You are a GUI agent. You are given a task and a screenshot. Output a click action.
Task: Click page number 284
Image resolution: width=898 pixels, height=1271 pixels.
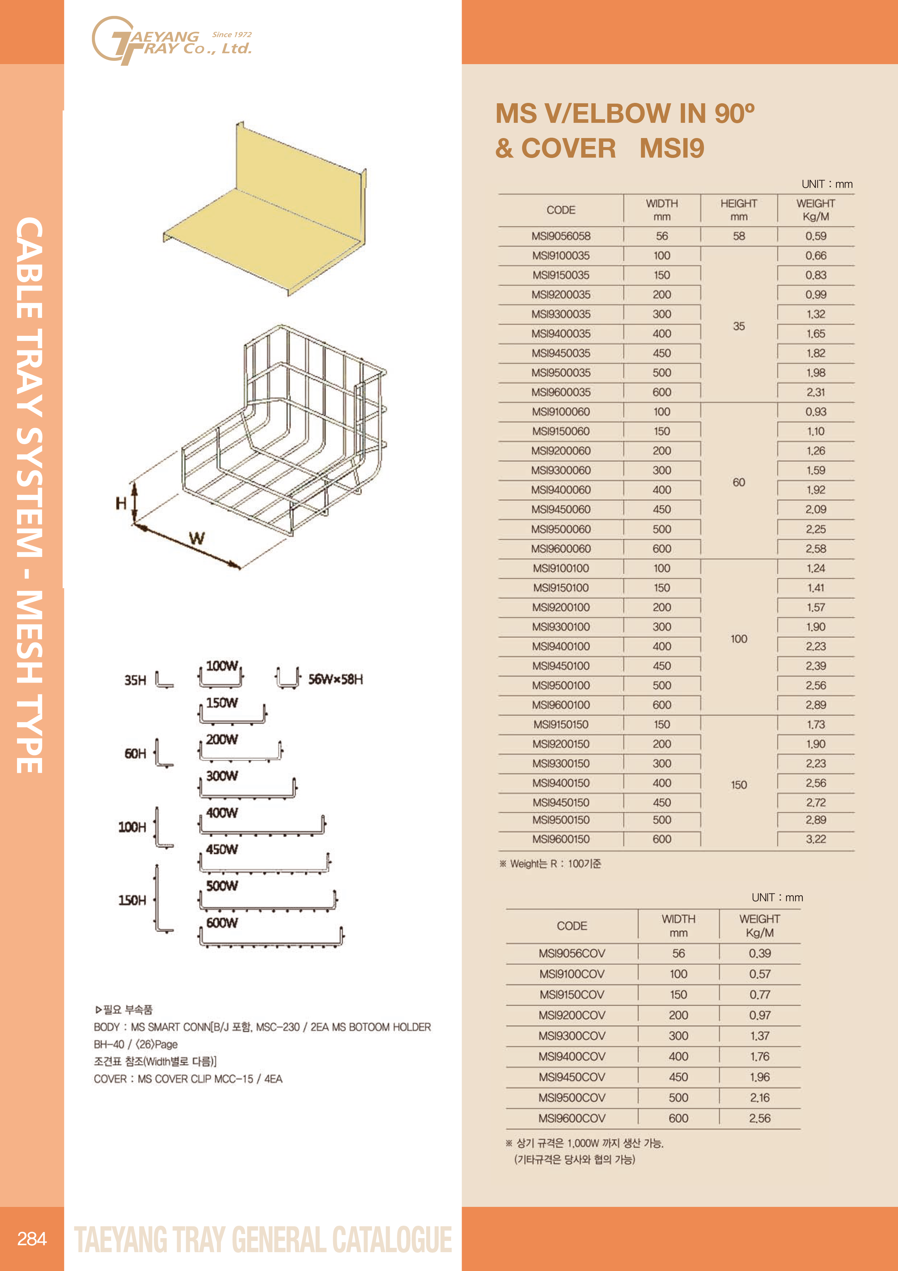click(32, 1238)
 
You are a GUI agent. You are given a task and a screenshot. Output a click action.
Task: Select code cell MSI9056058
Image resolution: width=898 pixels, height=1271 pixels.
click(561, 236)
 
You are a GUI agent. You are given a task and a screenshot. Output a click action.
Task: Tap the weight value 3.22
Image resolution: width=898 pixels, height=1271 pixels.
click(815, 839)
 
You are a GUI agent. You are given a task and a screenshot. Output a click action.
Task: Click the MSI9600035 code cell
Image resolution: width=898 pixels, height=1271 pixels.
click(561, 392)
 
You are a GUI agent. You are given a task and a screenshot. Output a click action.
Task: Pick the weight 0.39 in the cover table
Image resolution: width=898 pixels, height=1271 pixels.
click(760, 953)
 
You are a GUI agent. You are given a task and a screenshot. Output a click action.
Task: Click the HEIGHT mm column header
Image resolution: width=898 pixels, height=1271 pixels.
click(739, 210)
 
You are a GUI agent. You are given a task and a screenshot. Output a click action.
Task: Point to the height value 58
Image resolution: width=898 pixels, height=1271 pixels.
click(739, 236)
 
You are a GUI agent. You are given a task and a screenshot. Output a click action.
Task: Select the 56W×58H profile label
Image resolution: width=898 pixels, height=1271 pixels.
click(335, 679)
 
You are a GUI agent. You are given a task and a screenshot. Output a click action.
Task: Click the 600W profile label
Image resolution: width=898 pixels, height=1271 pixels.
click(222, 923)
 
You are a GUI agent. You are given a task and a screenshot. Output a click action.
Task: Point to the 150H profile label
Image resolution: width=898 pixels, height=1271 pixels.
click(132, 900)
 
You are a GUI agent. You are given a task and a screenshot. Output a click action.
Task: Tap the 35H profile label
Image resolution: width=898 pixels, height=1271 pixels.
click(135, 680)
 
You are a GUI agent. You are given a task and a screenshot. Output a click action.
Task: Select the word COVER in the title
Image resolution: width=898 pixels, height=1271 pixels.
click(568, 148)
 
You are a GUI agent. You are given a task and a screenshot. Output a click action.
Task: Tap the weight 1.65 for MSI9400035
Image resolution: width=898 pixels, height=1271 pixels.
click(815, 334)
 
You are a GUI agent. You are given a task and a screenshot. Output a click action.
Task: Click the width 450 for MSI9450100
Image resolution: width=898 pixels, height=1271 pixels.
click(662, 666)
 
